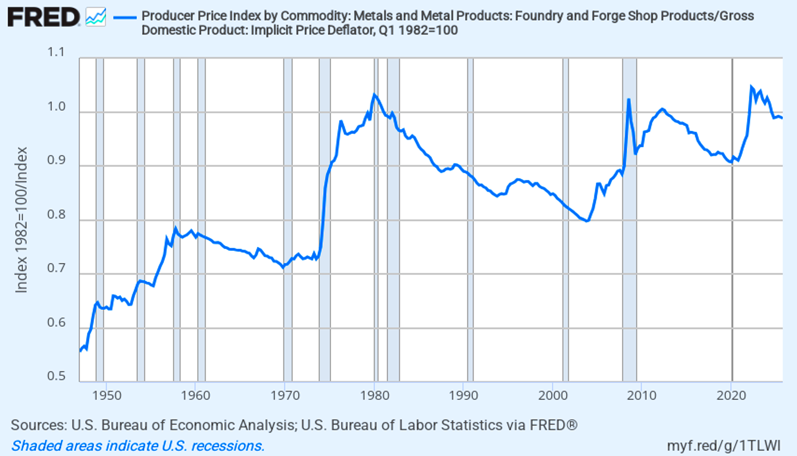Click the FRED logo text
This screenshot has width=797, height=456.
(x=43, y=18)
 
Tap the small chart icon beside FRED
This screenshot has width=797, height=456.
(x=95, y=17)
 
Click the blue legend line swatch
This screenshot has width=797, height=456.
(x=125, y=18)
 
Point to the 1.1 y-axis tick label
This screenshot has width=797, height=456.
(x=56, y=52)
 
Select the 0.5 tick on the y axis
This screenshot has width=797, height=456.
(x=56, y=376)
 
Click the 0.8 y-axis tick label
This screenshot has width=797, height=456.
(x=56, y=215)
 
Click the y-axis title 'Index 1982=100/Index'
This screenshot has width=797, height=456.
(x=21, y=220)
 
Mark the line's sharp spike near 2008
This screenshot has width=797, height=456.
(x=629, y=100)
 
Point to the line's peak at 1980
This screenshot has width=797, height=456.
(x=374, y=94)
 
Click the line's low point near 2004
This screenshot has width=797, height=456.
(x=586, y=221)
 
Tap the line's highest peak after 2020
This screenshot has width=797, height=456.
(x=751, y=87)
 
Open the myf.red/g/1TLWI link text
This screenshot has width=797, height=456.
(x=723, y=446)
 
